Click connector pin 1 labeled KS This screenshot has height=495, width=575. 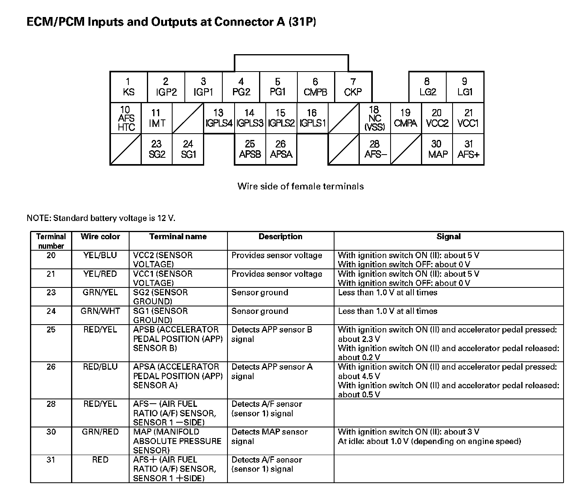[x=128, y=87]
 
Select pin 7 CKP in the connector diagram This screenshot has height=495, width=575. [x=353, y=87]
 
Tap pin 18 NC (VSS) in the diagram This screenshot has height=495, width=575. [x=374, y=118]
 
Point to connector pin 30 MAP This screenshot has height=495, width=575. [x=437, y=149]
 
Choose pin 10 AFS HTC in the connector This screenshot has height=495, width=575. [x=126, y=118]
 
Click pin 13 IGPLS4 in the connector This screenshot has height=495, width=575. [x=219, y=118]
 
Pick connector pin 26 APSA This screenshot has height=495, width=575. [x=281, y=149]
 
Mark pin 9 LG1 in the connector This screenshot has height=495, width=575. [x=465, y=87]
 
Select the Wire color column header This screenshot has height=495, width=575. [x=100, y=236]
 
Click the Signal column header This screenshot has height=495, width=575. [x=449, y=236]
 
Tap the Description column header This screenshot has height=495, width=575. [x=280, y=236]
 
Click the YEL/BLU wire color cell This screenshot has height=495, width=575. [x=100, y=255]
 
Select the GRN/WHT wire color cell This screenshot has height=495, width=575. [x=100, y=311]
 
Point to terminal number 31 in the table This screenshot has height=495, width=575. [x=51, y=460]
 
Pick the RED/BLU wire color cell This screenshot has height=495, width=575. [x=100, y=367]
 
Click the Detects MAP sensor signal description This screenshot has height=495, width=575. [x=269, y=436]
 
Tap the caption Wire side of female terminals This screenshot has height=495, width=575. [x=301, y=186]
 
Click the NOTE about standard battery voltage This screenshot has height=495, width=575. [x=101, y=218]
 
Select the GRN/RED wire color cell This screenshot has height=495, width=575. [x=100, y=432]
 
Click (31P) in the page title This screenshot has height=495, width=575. [x=302, y=22]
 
